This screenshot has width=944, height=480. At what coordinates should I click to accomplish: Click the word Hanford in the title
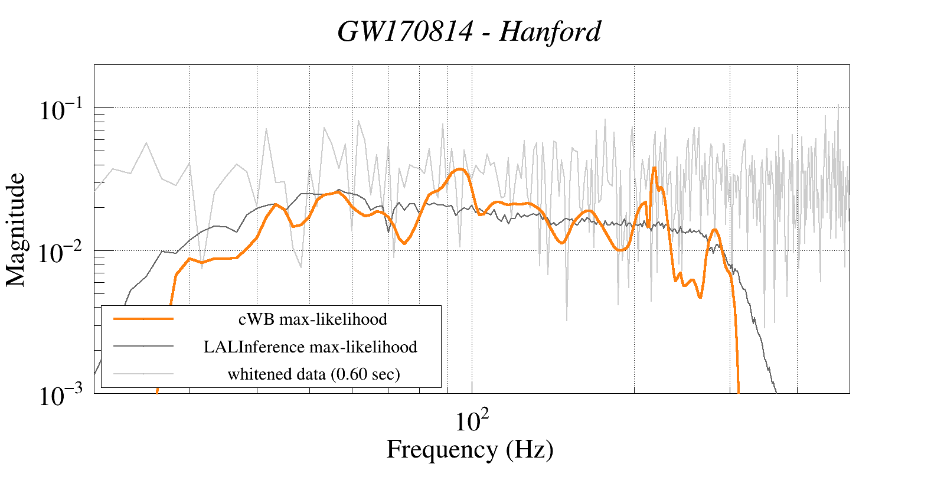coord(550,32)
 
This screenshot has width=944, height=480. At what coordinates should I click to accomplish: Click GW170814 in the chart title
coord(405,32)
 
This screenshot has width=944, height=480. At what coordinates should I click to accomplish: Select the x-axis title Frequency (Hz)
coord(470,449)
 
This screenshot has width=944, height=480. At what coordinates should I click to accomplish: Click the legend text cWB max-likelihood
coord(312,319)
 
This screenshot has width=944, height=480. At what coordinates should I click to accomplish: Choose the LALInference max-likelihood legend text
coord(311,347)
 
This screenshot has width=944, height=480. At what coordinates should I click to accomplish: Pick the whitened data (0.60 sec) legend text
coord(313,374)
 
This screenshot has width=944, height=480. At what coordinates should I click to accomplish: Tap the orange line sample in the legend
coord(143,319)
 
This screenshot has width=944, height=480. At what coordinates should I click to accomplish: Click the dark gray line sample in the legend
coord(143,346)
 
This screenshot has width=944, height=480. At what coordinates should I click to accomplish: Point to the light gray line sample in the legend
coord(143,373)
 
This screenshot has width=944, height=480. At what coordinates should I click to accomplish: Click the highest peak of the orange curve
coord(654,168)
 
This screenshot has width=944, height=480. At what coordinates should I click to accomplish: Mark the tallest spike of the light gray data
coord(838,105)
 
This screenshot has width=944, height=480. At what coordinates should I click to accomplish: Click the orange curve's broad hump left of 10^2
coord(459,170)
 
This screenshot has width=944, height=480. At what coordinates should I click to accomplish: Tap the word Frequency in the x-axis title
coord(442,449)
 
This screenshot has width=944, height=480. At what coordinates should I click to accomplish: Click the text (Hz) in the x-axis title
coord(530,449)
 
